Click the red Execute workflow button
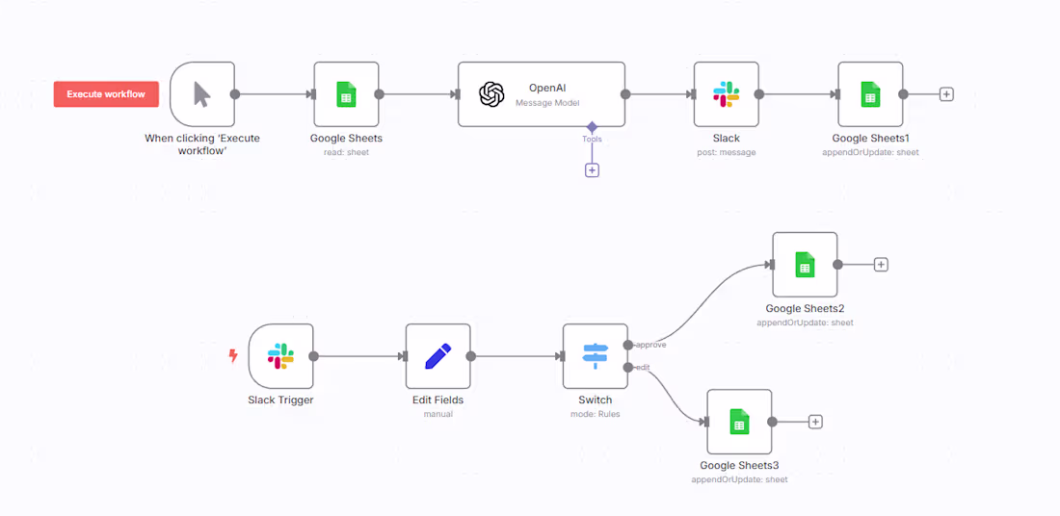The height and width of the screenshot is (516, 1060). point(106,94)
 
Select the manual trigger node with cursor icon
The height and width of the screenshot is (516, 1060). point(202,94)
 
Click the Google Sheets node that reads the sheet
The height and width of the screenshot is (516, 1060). point(346,94)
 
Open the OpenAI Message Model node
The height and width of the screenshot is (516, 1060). point(541,94)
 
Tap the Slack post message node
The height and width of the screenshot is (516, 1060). point(726,94)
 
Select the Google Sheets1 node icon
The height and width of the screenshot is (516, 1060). point(870,94)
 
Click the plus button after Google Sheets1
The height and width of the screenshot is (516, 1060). point(946,94)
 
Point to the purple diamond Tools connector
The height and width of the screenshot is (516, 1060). point(592,126)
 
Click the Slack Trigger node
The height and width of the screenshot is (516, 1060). point(280,356)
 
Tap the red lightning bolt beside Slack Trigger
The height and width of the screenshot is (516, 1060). point(232,356)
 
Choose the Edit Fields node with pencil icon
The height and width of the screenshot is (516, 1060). point(437,356)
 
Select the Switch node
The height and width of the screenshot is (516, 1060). point(595,356)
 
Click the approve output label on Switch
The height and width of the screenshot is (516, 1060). point(650,345)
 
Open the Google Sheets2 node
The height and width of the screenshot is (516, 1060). point(805,265)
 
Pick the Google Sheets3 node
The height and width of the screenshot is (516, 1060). point(739,422)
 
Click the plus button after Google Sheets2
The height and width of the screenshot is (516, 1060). point(881,265)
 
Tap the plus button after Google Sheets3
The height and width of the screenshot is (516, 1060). point(815,422)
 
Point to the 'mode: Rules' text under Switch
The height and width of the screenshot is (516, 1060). point(595,414)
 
